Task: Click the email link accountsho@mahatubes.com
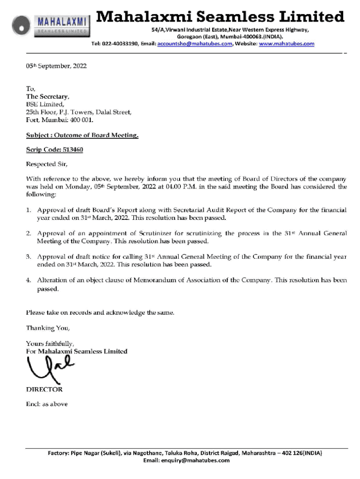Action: pos(195,44)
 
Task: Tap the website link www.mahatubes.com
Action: pos(287,44)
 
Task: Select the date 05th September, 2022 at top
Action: pos(56,66)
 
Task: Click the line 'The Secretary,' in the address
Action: pos(48,97)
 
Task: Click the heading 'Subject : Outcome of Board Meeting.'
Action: pos(82,135)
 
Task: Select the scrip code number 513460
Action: pos(72,150)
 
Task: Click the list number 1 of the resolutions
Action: pos(29,210)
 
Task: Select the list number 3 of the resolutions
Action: pos(29,257)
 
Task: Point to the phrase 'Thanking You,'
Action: pos(48,328)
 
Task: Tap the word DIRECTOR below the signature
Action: pos(44,389)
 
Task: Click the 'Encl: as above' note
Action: pos(47,404)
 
